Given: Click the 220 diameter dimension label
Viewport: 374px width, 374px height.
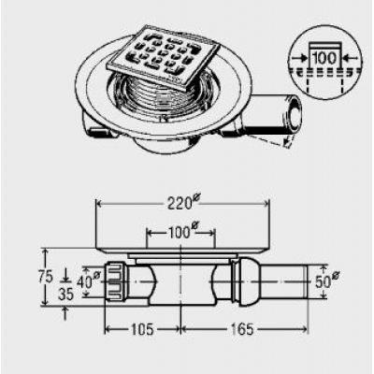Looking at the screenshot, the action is [183, 203].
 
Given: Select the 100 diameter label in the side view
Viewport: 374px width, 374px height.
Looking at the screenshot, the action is [183, 232].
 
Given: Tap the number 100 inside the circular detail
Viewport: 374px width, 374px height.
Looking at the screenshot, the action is [324, 58].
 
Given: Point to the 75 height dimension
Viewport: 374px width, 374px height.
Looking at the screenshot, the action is [46, 278].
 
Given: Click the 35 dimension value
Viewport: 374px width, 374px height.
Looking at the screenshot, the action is [65, 295].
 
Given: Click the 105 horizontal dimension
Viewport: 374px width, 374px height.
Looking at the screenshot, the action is [142, 329].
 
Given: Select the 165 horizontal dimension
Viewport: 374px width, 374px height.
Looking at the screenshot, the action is [242, 329].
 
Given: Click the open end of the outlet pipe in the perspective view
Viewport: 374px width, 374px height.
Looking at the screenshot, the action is [294, 115].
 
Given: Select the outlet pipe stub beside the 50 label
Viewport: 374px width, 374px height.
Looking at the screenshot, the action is [283, 281].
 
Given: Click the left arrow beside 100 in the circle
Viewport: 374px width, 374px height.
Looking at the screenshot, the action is [300, 58].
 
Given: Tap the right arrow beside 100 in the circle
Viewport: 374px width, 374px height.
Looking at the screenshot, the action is [350, 58].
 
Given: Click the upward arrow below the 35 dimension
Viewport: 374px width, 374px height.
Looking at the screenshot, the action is [65, 313].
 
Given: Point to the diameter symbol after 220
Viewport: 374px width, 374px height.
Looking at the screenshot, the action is [196, 197].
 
